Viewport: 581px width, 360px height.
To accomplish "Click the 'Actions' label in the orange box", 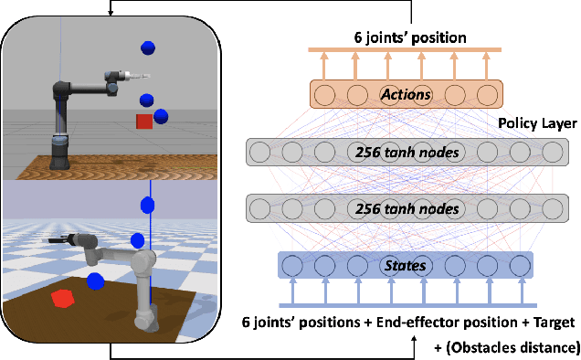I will [407, 93].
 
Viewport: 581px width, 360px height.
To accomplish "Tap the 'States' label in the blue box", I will [406, 267].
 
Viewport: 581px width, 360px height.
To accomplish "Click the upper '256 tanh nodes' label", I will [406, 152].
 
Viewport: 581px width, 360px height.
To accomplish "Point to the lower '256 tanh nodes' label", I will [406, 209].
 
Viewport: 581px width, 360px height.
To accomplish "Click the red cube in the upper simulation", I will [144, 122].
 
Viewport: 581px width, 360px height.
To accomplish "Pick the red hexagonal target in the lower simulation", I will [63, 299].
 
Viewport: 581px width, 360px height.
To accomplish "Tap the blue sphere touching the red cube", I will [161, 116].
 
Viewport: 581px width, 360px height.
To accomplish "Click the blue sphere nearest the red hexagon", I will [94, 281].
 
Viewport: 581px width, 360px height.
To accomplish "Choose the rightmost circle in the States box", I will [520, 267].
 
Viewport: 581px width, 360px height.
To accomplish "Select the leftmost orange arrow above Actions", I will [322, 63].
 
